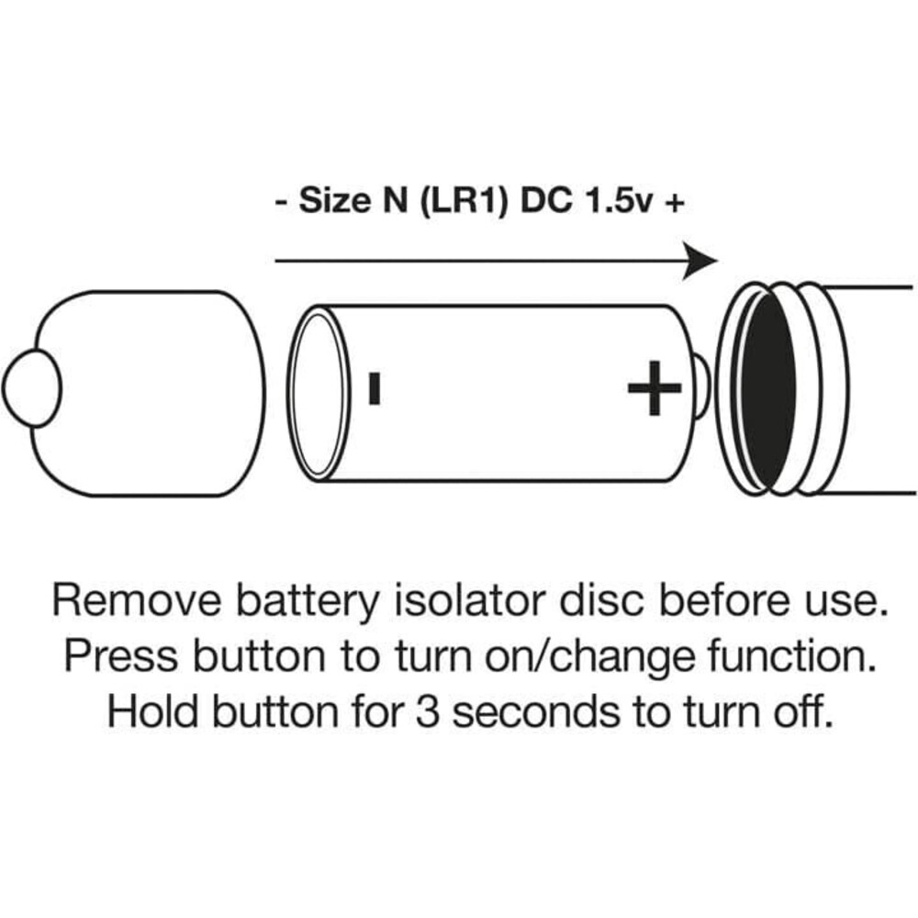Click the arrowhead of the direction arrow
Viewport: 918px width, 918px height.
click(701, 262)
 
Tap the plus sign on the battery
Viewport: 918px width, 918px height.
click(654, 387)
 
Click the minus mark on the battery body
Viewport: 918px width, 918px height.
click(374, 387)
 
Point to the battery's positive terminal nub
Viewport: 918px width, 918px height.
click(701, 386)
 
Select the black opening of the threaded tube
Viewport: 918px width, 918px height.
click(767, 389)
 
